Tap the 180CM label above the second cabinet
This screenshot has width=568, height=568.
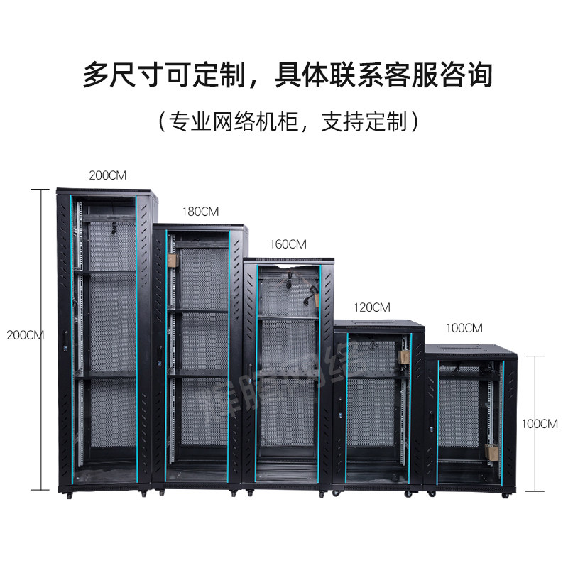(200, 211)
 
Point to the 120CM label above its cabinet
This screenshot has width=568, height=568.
(372, 307)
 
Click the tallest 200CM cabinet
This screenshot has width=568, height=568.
(106, 341)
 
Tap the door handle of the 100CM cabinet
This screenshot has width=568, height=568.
(432, 425)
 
